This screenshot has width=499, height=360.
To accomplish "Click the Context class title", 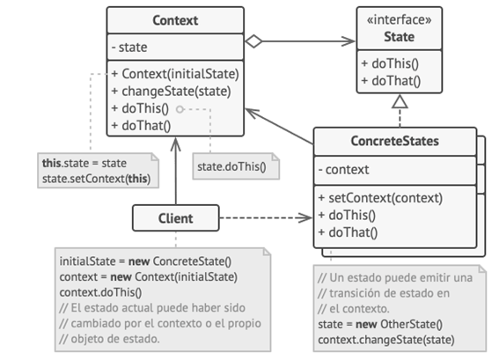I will tap(175, 19).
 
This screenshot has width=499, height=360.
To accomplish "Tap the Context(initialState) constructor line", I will tap(174, 73).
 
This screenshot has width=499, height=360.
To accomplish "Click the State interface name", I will tap(399, 36).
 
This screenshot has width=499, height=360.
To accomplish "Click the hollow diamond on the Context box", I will tap(254, 40).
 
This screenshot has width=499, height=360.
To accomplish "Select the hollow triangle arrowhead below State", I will tap(399, 102).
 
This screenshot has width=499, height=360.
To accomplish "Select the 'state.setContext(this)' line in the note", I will tap(96, 177).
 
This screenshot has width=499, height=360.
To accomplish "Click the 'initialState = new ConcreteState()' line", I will tap(144, 261).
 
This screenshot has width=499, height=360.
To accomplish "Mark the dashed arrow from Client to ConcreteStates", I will tap(264, 217).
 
